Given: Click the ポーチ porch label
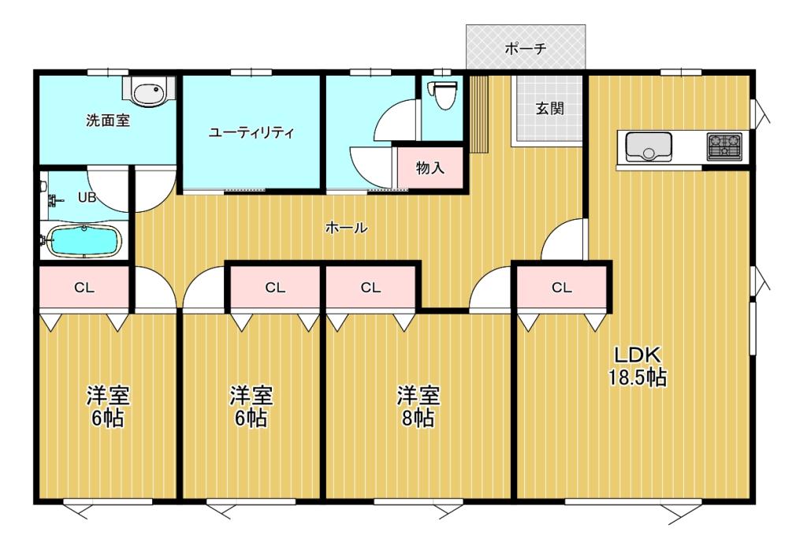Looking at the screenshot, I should coord(526,48).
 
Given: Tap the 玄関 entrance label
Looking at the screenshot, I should coord(549,109).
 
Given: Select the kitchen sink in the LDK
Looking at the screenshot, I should coord(649,147).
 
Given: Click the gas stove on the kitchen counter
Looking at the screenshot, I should coord(724,147).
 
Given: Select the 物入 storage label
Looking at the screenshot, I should coord(430,167).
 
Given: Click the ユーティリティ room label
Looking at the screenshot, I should coord(251,132).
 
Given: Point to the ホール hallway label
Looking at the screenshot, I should coord(346,229).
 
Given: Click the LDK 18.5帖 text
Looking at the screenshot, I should coord(637,366).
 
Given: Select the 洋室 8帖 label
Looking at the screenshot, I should coord(418,405).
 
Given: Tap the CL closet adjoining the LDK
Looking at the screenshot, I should coord(561,288).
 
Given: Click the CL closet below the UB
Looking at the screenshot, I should coord(84,288).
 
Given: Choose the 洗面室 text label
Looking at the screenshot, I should coord(108,121).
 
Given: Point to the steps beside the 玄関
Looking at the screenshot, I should coord(480,113).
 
